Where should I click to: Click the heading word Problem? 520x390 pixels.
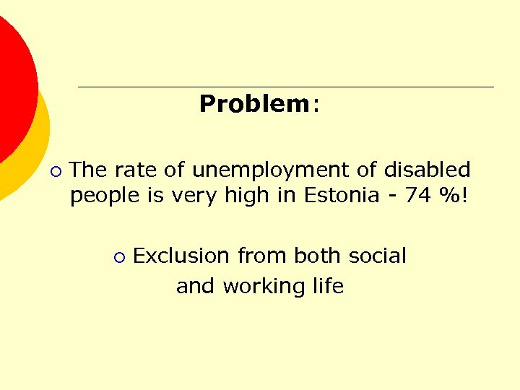253,104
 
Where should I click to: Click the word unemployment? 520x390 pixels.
272,170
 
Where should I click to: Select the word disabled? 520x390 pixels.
427,170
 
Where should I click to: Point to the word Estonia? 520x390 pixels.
343,196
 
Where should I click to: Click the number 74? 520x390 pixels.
417,196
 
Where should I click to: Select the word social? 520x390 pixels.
377,256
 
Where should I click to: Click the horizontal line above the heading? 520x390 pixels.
285,87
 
